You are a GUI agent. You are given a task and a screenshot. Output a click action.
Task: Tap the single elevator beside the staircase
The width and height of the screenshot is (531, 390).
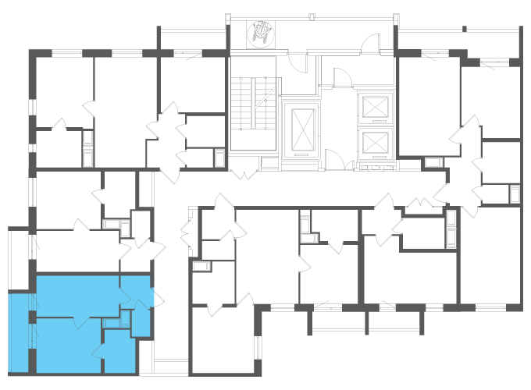[301, 129]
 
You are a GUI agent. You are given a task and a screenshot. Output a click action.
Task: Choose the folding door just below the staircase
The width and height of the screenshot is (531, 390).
[244, 170]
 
